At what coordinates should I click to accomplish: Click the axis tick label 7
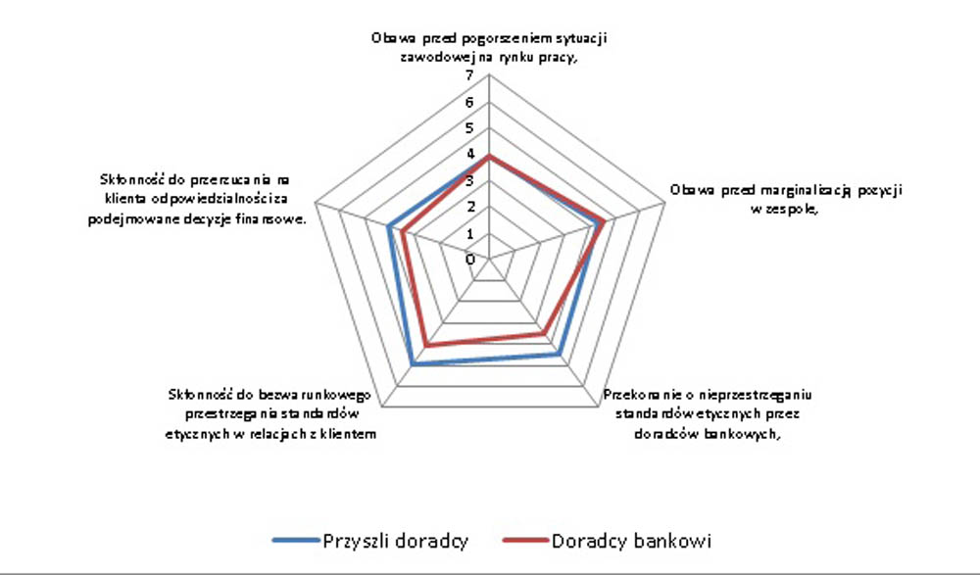[x=470, y=76]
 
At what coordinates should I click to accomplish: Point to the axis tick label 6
[x=470, y=103]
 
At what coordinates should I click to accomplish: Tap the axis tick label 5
[x=470, y=128]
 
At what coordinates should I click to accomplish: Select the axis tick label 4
[x=470, y=155]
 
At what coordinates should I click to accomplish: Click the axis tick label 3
[x=470, y=181]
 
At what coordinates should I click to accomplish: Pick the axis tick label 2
[x=470, y=208]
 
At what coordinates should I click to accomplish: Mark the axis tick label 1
[x=470, y=234]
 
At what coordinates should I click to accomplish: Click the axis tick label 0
[x=470, y=260]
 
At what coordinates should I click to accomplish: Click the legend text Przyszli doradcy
[x=395, y=541]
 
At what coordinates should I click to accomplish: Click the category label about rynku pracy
[x=491, y=48]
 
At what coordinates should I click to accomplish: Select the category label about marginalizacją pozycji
[x=786, y=199]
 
